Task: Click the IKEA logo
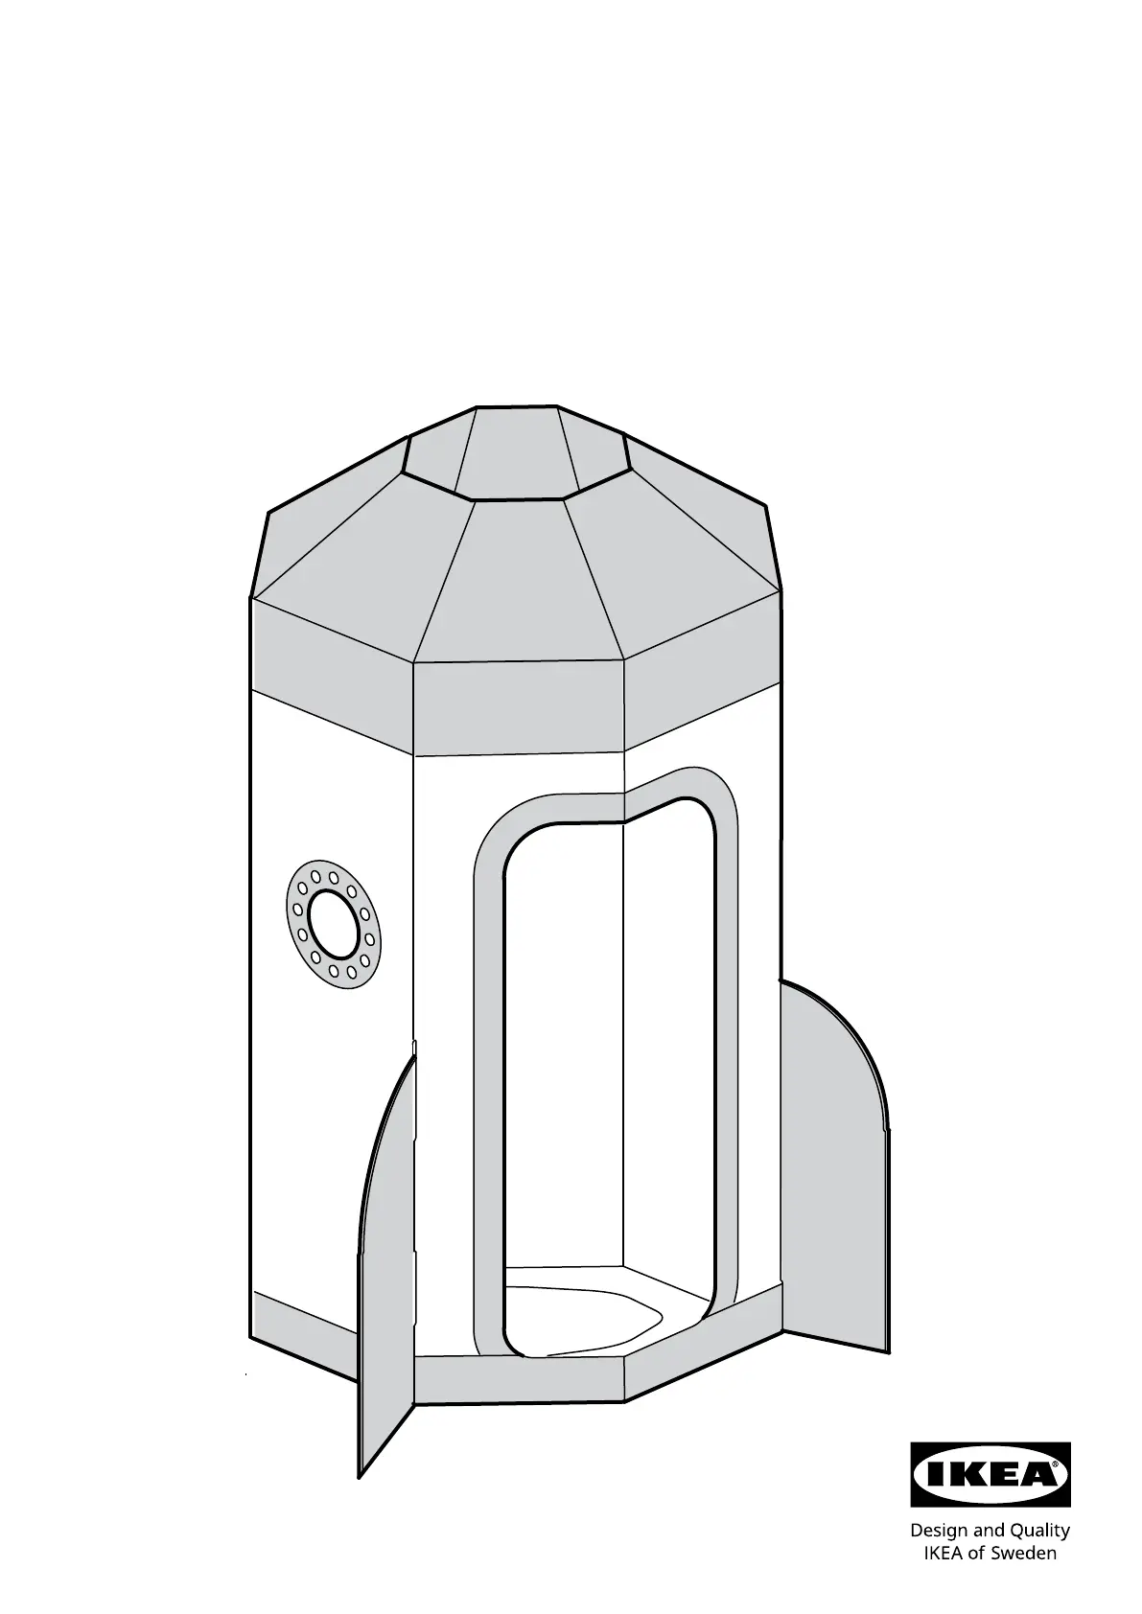click(990, 1474)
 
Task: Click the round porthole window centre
click(333, 923)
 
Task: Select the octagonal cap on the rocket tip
click(517, 451)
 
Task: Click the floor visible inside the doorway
click(584, 1311)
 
